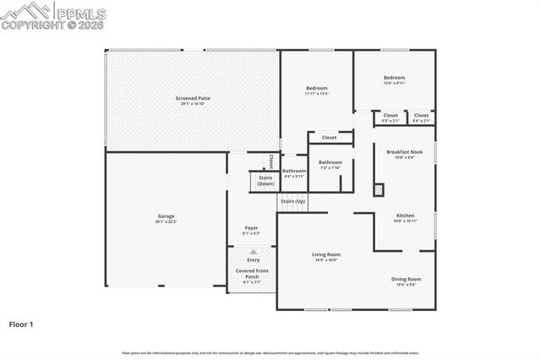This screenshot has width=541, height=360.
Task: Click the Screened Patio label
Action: [x=193, y=99]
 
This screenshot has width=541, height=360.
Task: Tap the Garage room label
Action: [x=166, y=216]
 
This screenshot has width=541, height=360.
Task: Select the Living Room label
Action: [x=326, y=254]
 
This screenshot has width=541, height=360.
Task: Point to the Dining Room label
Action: [x=406, y=279]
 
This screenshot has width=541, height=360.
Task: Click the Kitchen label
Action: [x=406, y=215]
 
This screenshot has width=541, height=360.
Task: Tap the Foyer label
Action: [x=251, y=228]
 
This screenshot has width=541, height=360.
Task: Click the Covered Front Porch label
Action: [x=252, y=274]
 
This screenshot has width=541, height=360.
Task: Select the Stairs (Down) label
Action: [x=265, y=181]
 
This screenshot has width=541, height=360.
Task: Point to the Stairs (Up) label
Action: [x=293, y=201]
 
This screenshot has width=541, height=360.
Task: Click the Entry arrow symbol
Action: [x=253, y=252]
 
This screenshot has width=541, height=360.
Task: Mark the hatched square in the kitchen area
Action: [x=378, y=189]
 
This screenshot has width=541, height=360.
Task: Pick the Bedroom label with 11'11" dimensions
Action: [x=316, y=88]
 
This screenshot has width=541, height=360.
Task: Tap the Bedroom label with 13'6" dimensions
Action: [x=394, y=78]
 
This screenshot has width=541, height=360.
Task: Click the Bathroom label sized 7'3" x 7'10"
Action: [x=330, y=162]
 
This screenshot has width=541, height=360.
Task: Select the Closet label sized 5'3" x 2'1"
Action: [x=391, y=116]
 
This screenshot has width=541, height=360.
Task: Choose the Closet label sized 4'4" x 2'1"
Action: [x=421, y=116]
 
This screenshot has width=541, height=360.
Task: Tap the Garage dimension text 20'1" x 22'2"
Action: [x=166, y=221]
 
